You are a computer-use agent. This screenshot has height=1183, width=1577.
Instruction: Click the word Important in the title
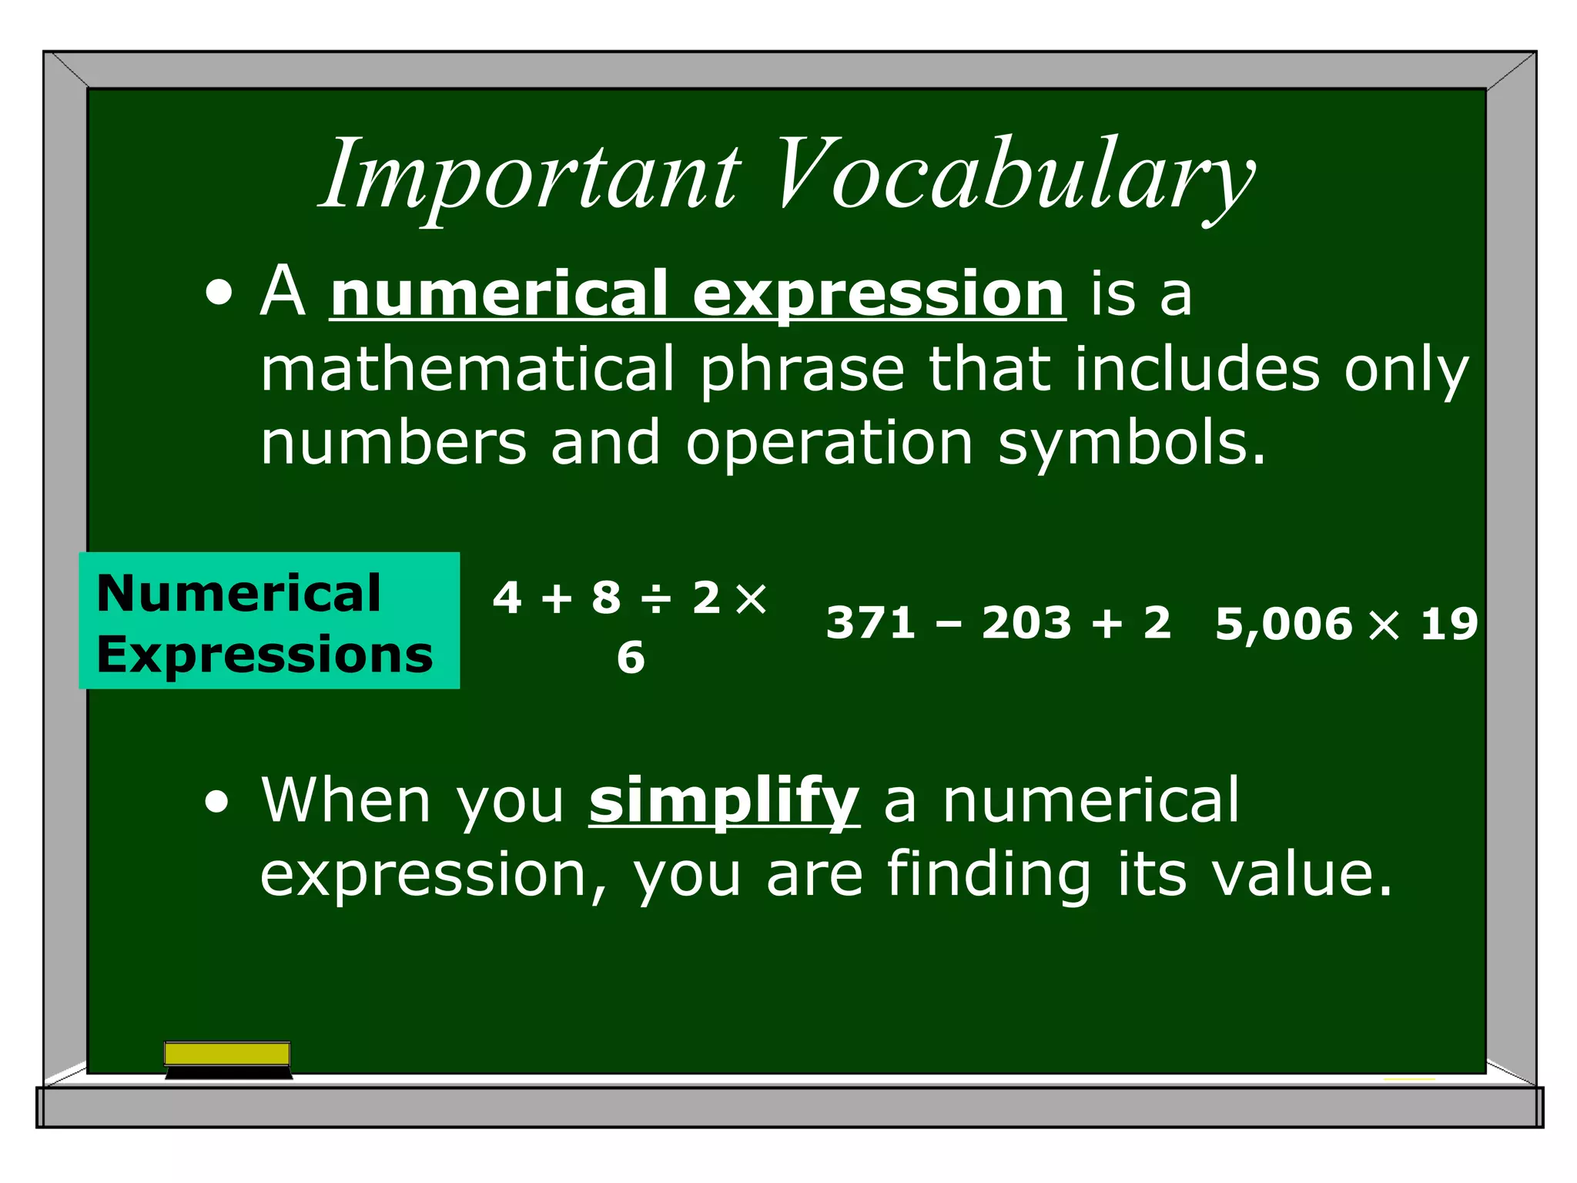[531, 176]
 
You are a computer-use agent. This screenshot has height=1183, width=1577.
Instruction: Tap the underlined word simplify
[724, 801]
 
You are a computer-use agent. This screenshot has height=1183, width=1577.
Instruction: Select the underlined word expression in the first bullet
[879, 294]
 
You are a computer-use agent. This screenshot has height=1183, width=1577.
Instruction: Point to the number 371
[871, 622]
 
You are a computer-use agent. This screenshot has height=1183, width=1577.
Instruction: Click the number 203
[1026, 622]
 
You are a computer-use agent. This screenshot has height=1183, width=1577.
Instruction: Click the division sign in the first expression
[657, 598]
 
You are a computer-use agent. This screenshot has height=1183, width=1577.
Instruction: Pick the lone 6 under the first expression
[631, 658]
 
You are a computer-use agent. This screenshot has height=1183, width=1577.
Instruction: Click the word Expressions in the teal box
[265, 655]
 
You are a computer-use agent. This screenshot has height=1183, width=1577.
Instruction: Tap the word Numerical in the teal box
[239, 593]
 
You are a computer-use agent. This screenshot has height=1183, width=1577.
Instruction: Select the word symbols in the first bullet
[1131, 444]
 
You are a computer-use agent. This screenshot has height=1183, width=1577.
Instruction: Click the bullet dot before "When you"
[218, 802]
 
